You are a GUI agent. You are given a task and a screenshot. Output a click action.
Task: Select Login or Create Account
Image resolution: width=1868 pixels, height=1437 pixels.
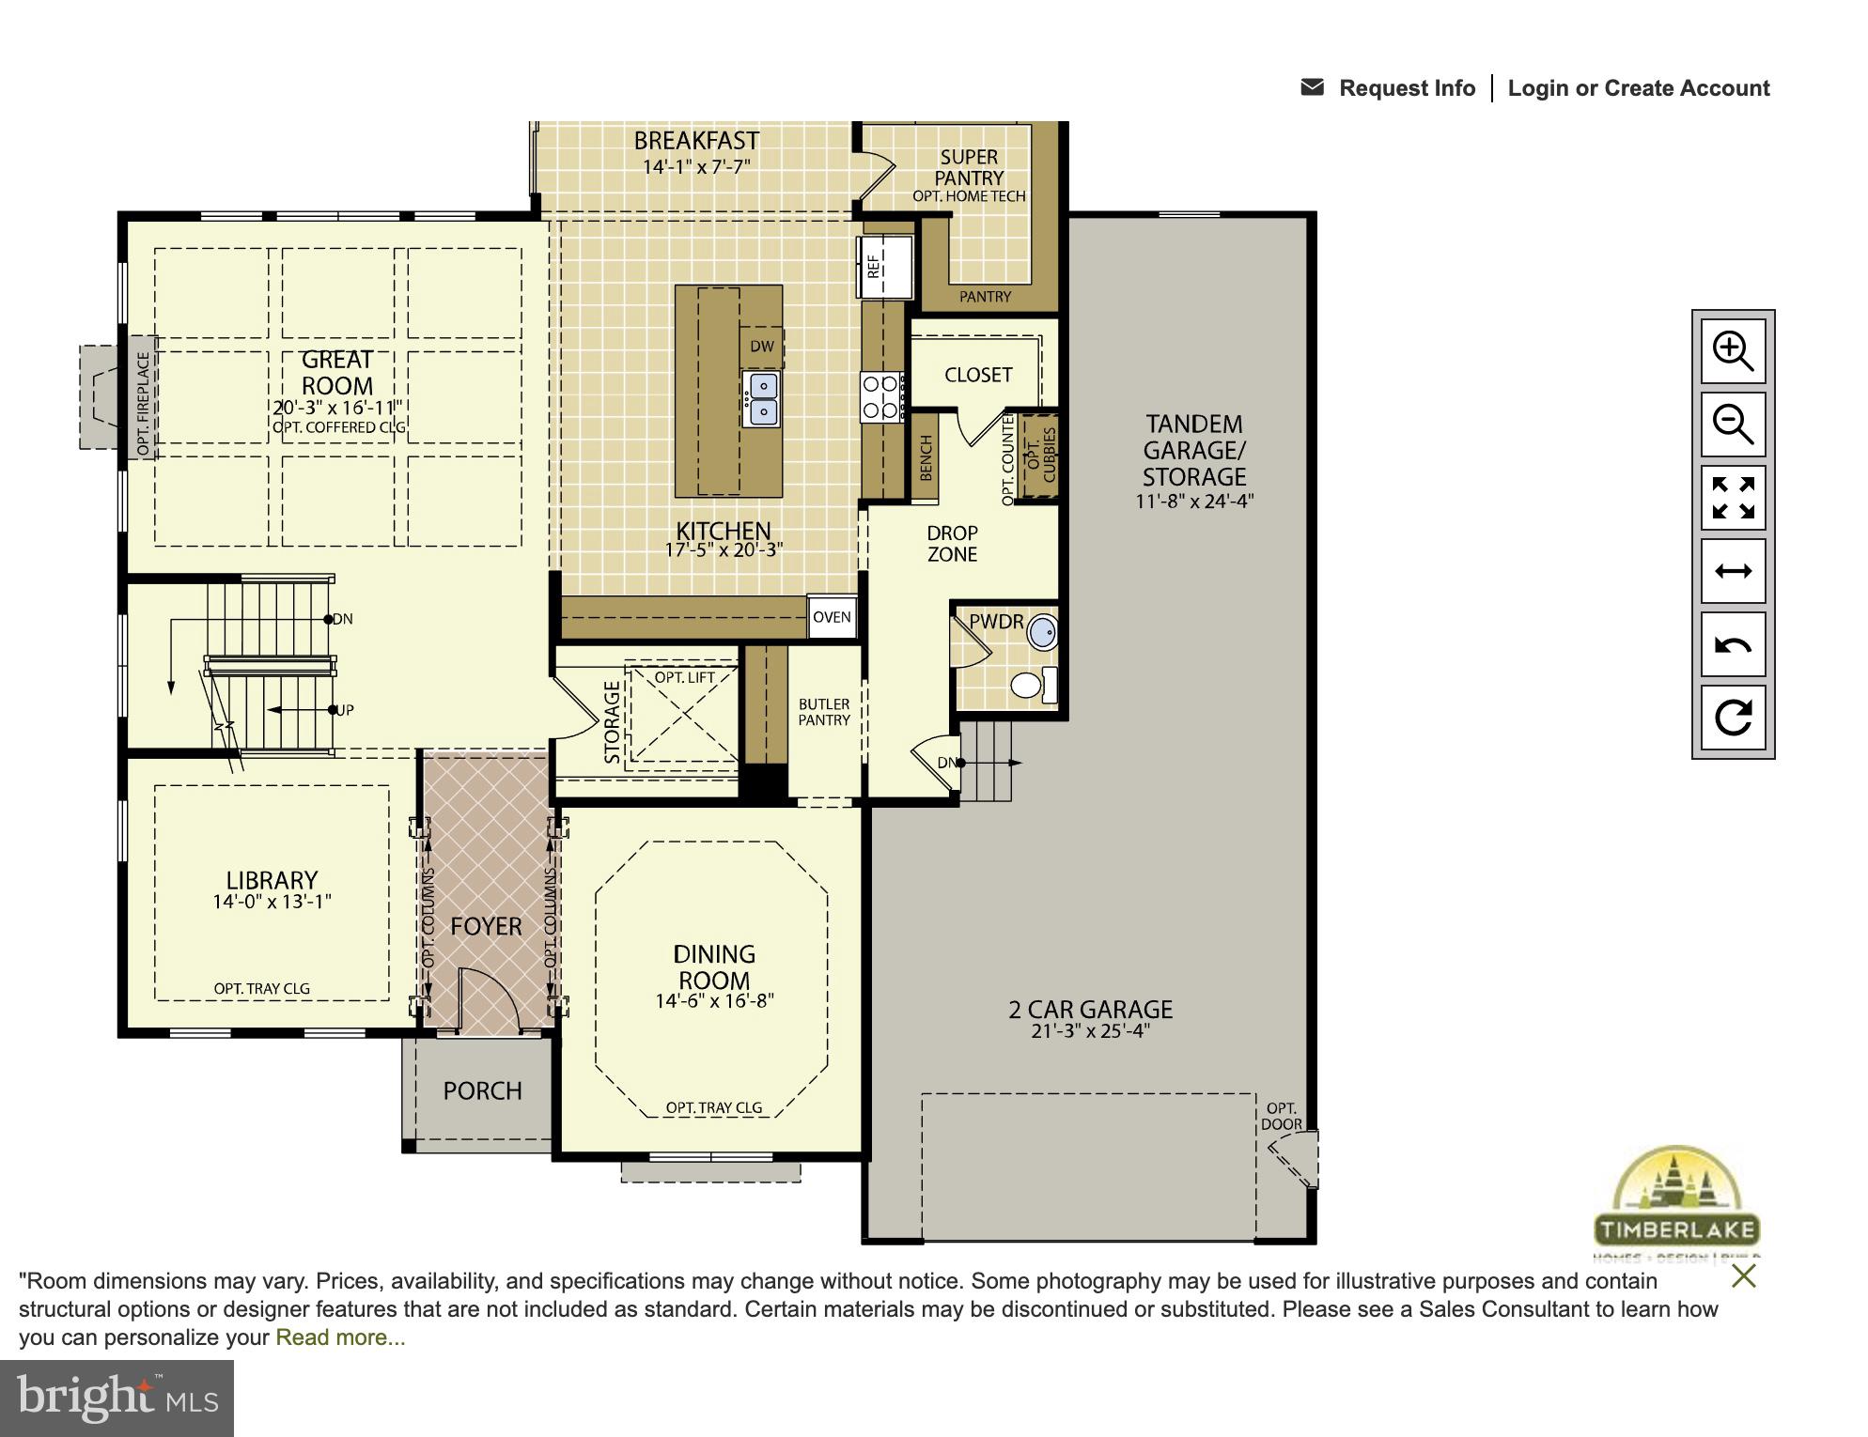pyautogui.click(x=1638, y=88)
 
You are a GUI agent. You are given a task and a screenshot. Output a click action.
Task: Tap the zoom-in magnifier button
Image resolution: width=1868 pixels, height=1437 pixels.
pyautogui.click(x=1733, y=351)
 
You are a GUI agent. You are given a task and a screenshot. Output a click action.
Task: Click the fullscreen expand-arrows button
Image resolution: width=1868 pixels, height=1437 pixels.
pyautogui.click(x=1733, y=498)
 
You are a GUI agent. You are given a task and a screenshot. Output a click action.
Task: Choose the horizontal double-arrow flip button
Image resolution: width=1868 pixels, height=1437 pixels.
pyautogui.click(x=1733, y=571)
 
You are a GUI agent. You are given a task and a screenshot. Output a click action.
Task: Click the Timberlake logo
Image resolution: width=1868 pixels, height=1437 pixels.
pyautogui.click(x=1676, y=1202)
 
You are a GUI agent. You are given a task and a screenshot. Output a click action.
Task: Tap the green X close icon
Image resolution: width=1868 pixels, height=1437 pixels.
pyautogui.click(x=1743, y=1276)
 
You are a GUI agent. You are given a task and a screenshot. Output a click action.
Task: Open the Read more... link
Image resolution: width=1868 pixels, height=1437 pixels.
pyautogui.click(x=340, y=1337)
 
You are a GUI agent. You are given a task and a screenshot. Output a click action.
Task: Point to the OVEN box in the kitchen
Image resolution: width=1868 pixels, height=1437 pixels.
pyautogui.click(x=832, y=617)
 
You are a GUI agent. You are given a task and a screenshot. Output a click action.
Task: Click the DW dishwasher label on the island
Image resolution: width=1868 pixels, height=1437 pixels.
pyautogui.click(x=761, y=347)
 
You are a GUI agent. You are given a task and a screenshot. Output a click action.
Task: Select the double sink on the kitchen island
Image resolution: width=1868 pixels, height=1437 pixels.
pyautogui.click(x=761, y=398)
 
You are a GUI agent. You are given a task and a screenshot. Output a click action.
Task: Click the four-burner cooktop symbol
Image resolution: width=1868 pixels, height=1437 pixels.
pyautogui.click(x=881, y=396)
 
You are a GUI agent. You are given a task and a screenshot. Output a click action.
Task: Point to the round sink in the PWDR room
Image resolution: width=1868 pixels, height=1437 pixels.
pyautogui.click(x=1042, y=632)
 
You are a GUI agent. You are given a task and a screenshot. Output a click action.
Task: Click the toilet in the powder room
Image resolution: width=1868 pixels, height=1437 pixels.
pyautogui.click(x=1032, y=685)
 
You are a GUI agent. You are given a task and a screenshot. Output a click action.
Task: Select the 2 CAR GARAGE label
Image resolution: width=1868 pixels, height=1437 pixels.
pyautogui.click(x=1090, y=1011)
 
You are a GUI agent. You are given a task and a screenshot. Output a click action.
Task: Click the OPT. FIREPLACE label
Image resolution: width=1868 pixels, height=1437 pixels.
pyautogui.click(x=143, y=405)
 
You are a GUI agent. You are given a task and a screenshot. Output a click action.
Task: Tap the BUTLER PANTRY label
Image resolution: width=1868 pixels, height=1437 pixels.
pyautogui.click(x=824, y=712)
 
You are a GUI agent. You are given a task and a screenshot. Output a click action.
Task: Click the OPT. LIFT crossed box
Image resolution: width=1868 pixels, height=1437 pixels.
pyautogui.click(x=684, y=716)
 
